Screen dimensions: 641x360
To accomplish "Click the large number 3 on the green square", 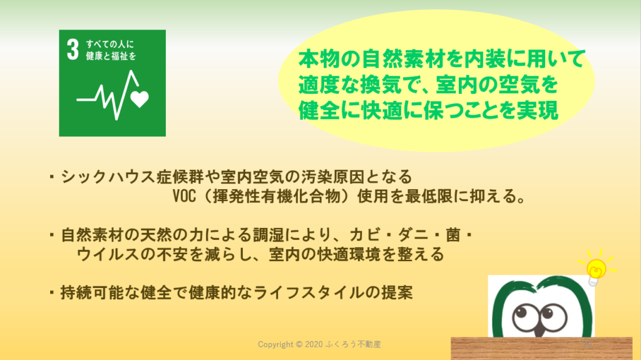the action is click(73, 50).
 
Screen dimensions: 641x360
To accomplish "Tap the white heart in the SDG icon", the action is click(140, 99).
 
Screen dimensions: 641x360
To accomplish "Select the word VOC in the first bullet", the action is click(184, 197).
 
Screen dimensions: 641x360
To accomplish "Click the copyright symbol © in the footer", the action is click(299, 344).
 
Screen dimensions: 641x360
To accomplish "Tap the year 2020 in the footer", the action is click(314, 344).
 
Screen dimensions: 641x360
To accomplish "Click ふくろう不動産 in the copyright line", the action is click(353, 344).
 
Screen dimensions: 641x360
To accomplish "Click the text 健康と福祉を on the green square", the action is click(111, 56).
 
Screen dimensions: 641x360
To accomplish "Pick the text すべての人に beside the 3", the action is click(110, 44).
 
